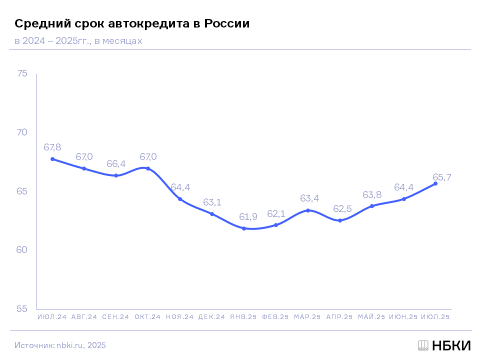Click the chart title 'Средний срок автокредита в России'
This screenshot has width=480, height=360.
pos(132,23)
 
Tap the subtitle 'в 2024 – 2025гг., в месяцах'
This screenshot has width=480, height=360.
pos(78,41)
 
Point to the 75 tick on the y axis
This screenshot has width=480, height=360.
pos(22,74)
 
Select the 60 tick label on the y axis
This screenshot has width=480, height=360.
pos(22,250)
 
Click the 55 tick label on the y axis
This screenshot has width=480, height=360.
pos(22,309)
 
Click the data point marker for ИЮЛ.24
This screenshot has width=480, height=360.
pos(52,159)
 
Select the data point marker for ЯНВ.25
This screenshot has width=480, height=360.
pos(244,228)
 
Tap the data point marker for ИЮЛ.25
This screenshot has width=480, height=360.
pos(435,183)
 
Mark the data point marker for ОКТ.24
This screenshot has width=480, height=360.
pos(148,168)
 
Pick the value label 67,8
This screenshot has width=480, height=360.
pos(52,147)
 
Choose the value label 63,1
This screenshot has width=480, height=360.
pos(212,202)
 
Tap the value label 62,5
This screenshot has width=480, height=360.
pos(340,208)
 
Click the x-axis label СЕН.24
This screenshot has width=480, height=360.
pos(116,317)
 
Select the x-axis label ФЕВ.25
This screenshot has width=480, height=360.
pos(275,317)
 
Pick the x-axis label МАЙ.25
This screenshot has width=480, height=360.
pos(371,317)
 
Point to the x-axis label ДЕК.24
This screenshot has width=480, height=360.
pos(211,317)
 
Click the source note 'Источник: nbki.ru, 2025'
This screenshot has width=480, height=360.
pos(60,345)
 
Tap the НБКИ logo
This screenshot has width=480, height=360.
pos(444,345)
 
